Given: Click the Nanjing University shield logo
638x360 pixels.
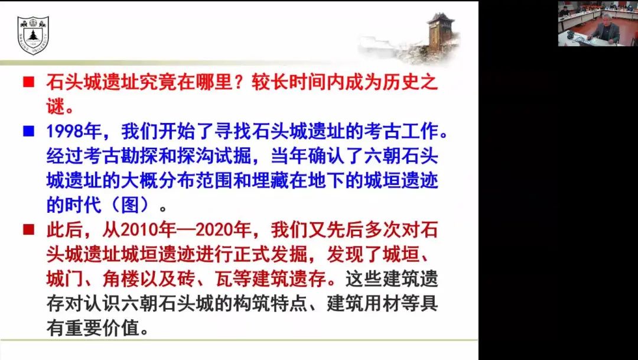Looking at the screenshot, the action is [x=33, y=35].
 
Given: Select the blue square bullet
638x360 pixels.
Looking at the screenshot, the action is [x=28, y=131].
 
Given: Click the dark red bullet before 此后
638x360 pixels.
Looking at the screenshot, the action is [x=28, y=230].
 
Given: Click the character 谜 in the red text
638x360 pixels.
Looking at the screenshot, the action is [x=56, y=106].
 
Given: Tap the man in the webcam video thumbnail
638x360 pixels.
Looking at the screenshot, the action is [x=605, y=30].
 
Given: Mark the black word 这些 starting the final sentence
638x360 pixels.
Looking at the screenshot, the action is [x=363, y=279].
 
